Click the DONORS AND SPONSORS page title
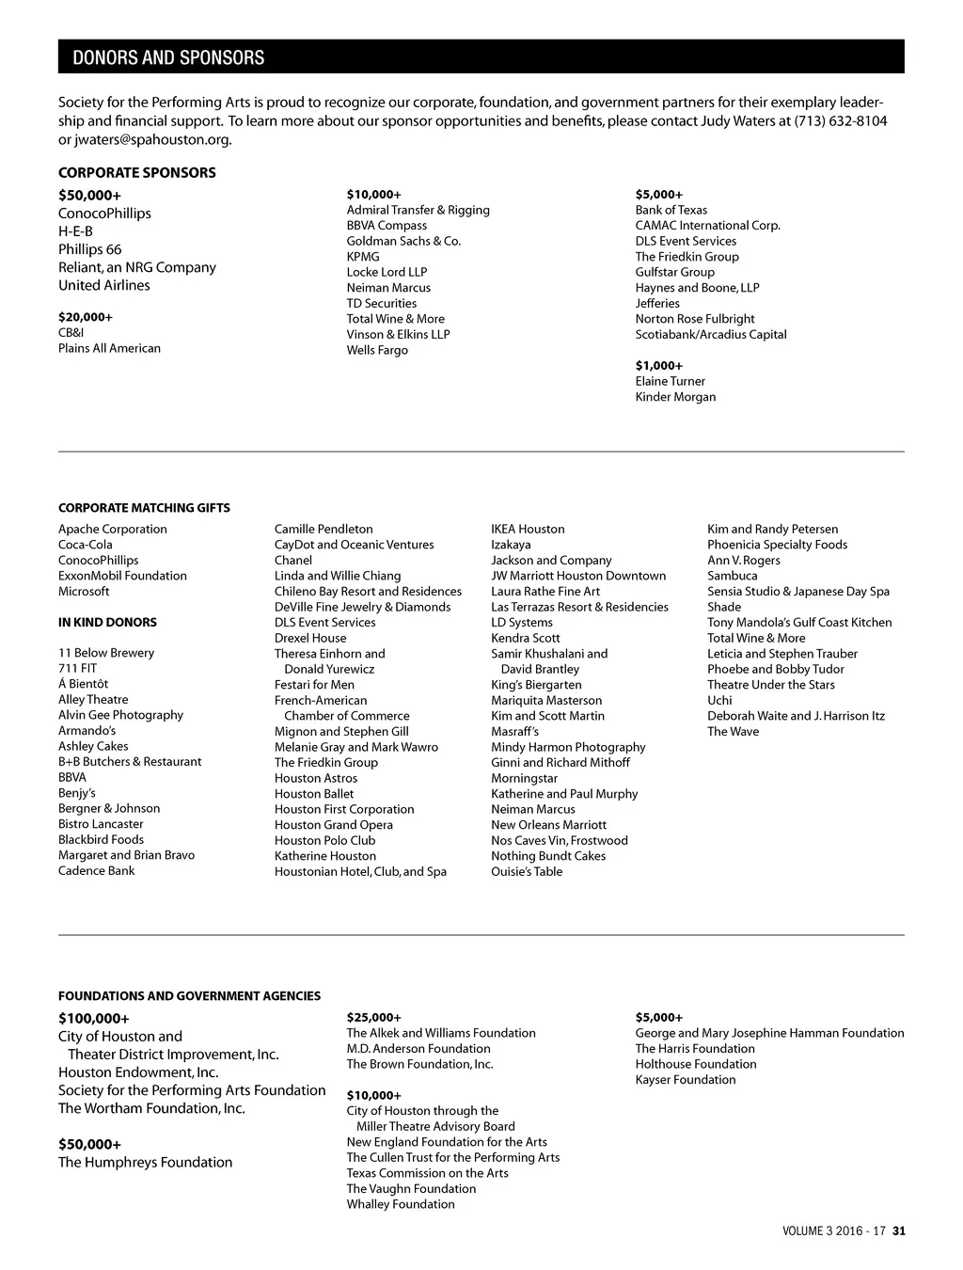point(168,57)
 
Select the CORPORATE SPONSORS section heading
point(136,172)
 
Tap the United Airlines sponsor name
point(103,285)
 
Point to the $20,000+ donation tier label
point(85,317)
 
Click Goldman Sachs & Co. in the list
point(403,241)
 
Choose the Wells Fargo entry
point(377,350)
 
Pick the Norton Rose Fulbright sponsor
point(694,319)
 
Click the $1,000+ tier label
point(658,365)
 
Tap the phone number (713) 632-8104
point(840,120)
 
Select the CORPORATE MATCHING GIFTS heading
point(144,508)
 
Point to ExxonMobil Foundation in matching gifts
point(122,576)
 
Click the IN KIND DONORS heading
point(107,622)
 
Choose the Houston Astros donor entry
point(315,778)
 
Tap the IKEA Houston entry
point(528,529)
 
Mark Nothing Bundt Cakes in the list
point(547,856)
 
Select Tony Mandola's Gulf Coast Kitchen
point(799,622)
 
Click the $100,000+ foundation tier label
point(93,1018)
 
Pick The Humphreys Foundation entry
point(145,1162)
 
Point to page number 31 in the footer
point(899,1230)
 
